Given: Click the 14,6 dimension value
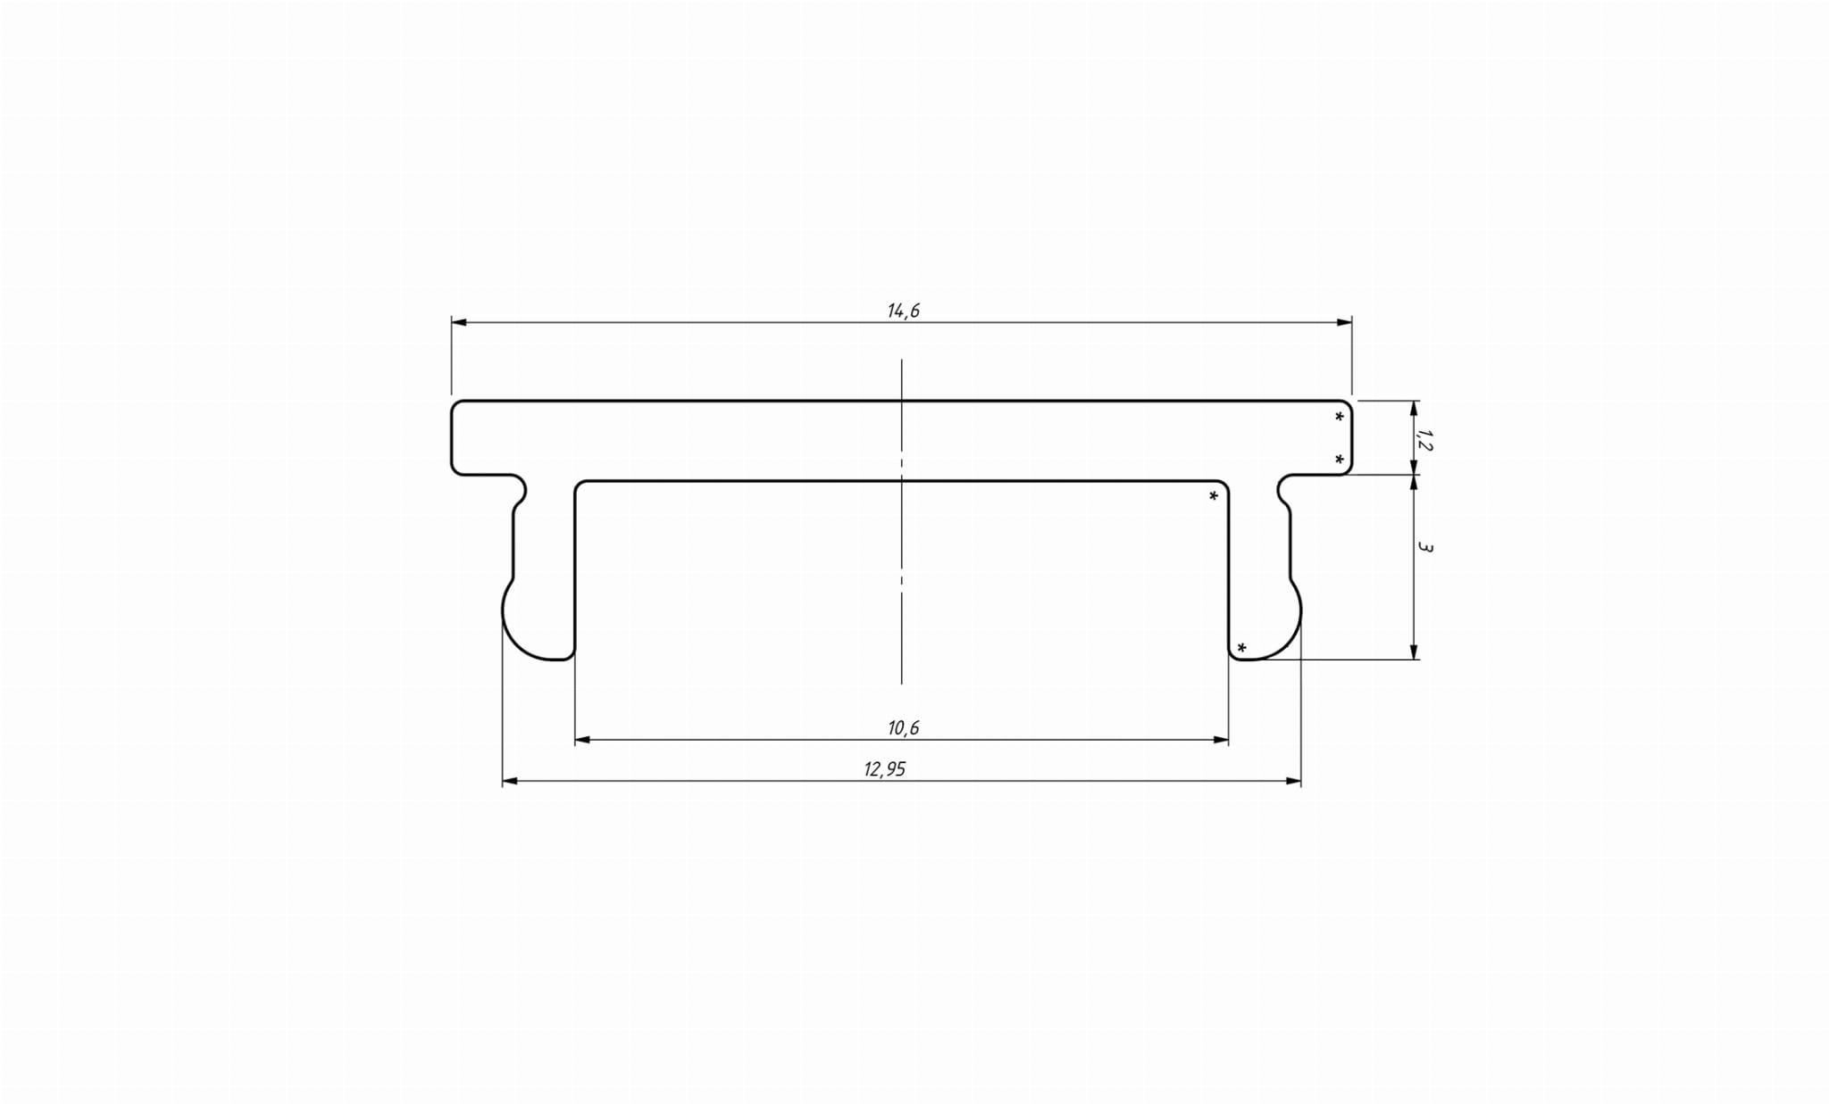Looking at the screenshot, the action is coord(903,311).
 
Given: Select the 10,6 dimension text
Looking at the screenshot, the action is coord(903,728).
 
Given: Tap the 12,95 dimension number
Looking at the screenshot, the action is coord(884,769).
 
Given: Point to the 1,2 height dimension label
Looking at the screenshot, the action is coord(1424,439).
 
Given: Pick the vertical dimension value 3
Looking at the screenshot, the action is coord(1424,547).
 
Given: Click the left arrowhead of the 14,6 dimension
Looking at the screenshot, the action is coord(458,322).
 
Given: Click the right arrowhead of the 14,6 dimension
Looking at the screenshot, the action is coord(1344,322).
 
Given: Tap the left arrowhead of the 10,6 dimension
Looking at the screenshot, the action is coord(582,740).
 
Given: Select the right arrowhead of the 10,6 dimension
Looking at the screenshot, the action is coord(1221,740).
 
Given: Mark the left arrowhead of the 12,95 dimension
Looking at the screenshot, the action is coord(510,782).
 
